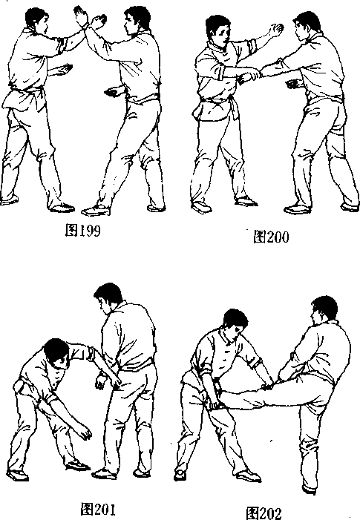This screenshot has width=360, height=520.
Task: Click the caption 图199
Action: pos(82,230)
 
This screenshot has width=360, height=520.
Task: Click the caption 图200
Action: pos(271,237)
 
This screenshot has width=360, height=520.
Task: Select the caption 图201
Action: pos(98,509)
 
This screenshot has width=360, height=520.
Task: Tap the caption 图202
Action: pos(264,513)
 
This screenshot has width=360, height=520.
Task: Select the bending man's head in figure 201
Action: pos(56,354)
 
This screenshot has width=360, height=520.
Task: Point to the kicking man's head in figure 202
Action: pos(324,310)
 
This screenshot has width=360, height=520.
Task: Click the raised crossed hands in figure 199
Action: pos(89,19)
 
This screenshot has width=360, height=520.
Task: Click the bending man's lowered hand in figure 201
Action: pos(85,432)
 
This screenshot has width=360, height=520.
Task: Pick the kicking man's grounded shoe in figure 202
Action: pos(309,489)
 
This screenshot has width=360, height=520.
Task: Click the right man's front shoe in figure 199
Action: pos(96,210)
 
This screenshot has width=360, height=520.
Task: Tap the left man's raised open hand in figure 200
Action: pos(276,29)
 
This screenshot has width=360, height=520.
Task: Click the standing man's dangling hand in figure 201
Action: pos(100,381)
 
